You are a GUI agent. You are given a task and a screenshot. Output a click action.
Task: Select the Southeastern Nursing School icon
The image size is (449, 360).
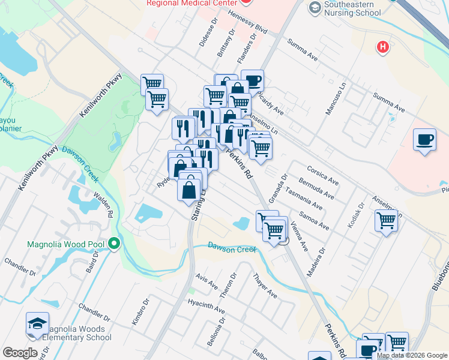pyautogui.click(x=315, y=8)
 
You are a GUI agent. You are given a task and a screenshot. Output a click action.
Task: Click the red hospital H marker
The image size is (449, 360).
pyautogui.click(x=382, y=47)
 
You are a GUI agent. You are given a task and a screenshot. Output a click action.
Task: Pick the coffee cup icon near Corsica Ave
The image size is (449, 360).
pyautogui.click(x=424, y=140)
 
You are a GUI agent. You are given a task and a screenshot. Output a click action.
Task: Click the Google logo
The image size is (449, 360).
pyautogui.click(x=20, y=353)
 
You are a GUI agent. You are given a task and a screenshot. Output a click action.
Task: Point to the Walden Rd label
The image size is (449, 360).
pyautogui.click(x=103, y=205)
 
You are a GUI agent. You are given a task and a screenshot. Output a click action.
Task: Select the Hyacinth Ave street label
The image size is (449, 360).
pyautogui.click(x=206, y=307)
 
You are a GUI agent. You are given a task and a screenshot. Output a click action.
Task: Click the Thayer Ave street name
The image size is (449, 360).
pyautogui.click(x=265, y=286)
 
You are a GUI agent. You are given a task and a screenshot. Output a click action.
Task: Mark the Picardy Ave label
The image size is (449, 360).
pyautogui.click(x=270, y=103)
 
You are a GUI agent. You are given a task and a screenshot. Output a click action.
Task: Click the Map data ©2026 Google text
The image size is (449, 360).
pyautogui.click(x=412, y=355)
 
